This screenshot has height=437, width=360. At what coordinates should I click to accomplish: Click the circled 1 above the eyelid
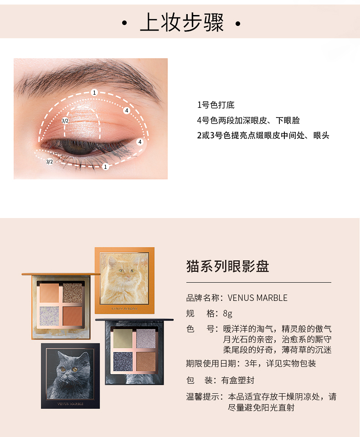click(x=94, y=92)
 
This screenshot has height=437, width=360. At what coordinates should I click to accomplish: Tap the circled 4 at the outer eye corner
click(x=140, y=142)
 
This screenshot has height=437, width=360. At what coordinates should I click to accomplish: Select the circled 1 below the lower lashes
click(x=105, y=167)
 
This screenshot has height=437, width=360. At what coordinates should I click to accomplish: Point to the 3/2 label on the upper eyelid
click(x=65, y=121)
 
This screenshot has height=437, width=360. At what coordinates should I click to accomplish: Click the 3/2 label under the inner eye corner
click(x=49, y=162)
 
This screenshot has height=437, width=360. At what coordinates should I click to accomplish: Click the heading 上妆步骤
click(x=182, y=23)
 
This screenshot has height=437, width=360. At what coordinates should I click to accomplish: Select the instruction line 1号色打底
click(x=216, y=105)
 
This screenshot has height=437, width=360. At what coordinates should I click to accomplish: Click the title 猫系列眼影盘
click(x=227, y=266)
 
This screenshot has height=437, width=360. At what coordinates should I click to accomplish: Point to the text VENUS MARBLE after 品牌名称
click(x=257, y=298)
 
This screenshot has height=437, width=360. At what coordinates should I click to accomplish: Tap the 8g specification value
click(x=227, y=314)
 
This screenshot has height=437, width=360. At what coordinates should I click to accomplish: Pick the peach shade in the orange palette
click(x=49, y=293)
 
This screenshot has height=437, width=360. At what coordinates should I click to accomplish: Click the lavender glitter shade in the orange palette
click(x=49, y=316)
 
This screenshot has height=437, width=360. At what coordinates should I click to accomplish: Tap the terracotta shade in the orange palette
click(x=72, y=316)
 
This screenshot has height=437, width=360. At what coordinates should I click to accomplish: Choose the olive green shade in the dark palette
click(x=123, y=338)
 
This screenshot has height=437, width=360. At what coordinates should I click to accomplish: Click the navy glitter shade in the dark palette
click(x=123, y=361)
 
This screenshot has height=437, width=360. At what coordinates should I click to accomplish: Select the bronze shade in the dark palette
click(x=146, y=361)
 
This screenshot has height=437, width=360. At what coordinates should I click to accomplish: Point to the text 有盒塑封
click(x=238, y=381)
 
